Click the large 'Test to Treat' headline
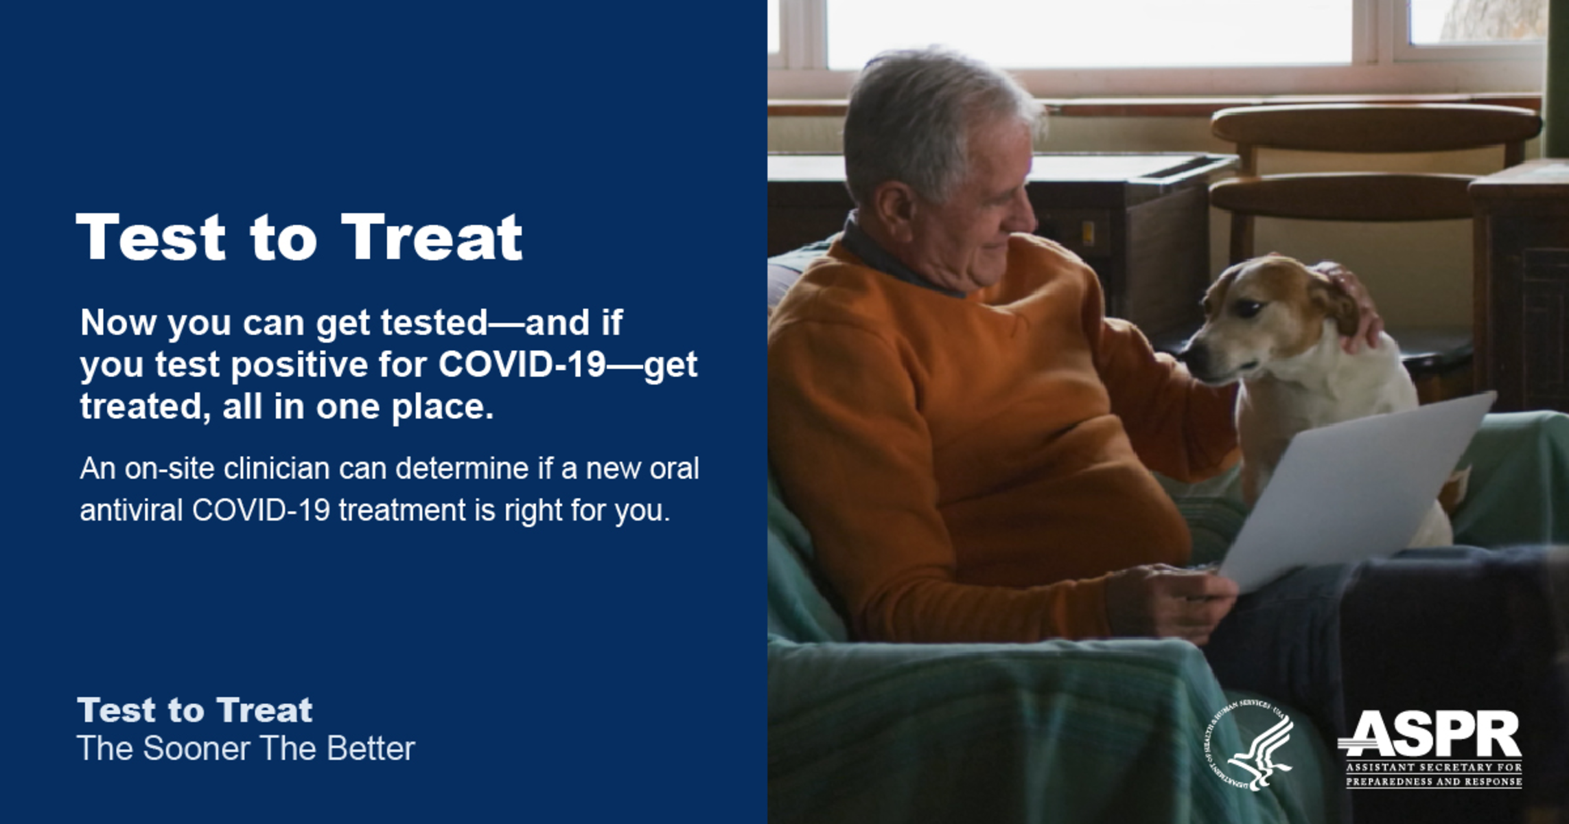299,237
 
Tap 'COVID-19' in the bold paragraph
522,364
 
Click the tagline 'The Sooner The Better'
246,748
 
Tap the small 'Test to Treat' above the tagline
195,710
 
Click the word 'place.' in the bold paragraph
442,407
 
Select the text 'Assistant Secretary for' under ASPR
1434,767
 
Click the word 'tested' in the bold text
434,322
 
